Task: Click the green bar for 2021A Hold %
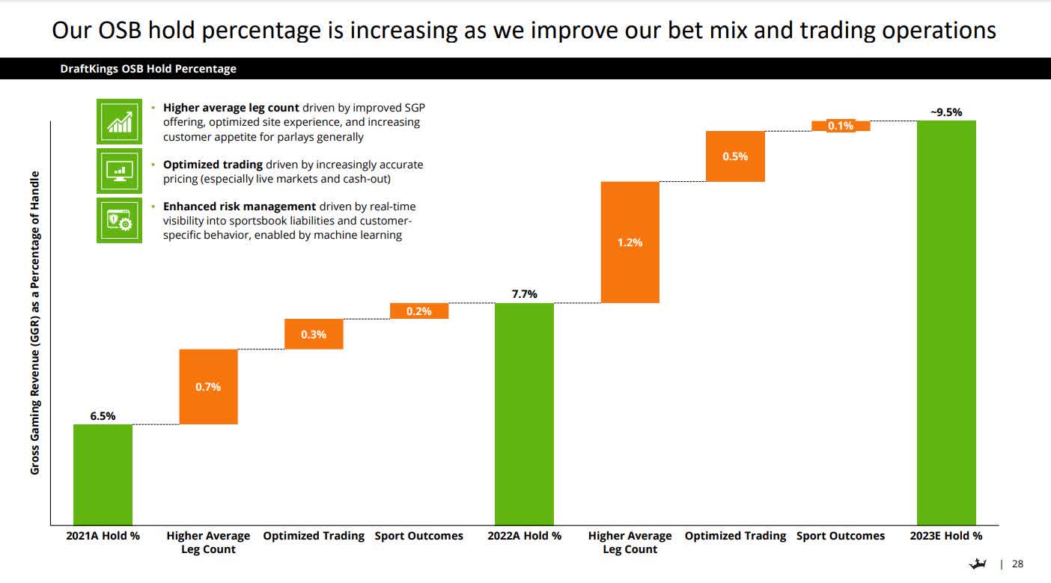103,474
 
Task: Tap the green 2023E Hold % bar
946,323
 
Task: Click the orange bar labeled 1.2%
630,242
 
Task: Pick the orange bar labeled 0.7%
208,387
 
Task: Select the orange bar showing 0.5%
735,156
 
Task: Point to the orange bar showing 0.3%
314,335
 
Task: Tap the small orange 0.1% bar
841,126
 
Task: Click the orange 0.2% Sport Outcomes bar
419,311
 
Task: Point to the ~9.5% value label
946,112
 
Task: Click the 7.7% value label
524,294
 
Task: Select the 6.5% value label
103,416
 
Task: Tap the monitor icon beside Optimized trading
119,171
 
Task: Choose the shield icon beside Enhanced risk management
119,220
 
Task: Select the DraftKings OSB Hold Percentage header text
148,69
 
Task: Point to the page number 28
1017,564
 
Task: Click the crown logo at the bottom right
978,564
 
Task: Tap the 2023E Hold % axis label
946,536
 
